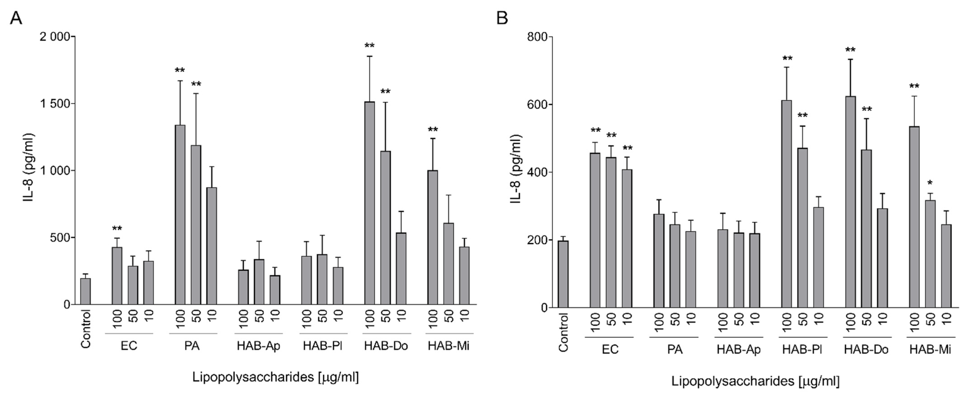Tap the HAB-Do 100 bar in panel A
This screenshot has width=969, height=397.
tap(369, 203)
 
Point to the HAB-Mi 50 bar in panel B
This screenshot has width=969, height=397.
tap(930, 254)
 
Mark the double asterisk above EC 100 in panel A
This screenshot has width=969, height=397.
tap(117, 229)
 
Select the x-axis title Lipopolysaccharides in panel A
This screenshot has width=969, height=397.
tap(275, 377)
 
